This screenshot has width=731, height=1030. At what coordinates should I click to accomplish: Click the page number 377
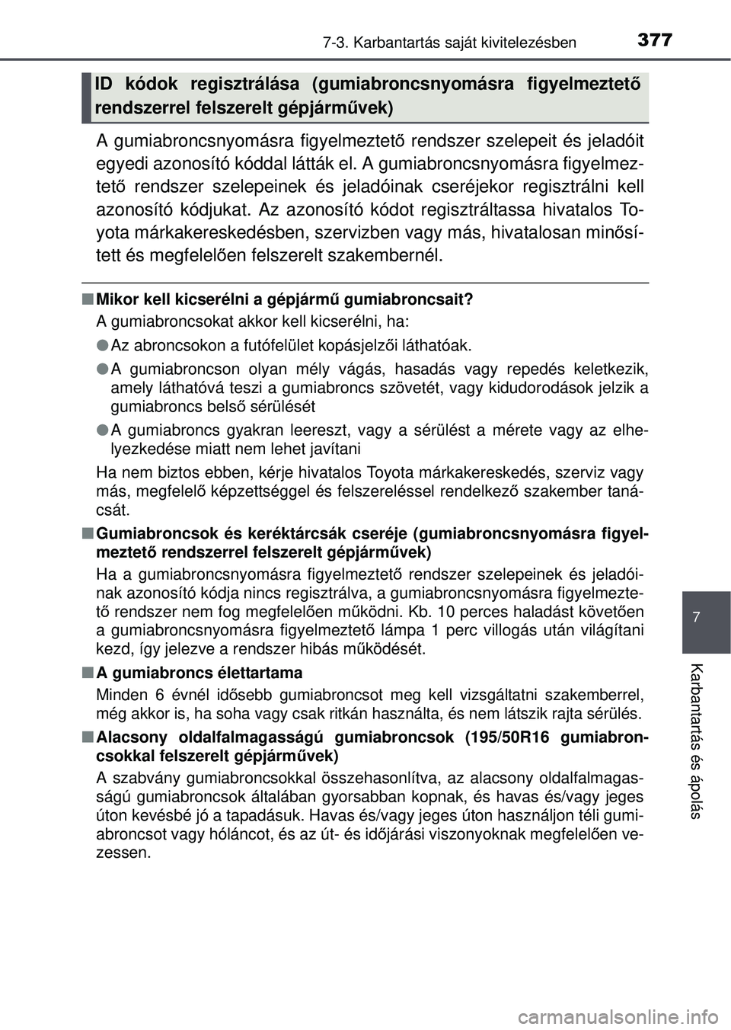pos(655,40)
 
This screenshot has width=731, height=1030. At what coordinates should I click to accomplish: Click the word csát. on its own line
pos(113,510)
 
